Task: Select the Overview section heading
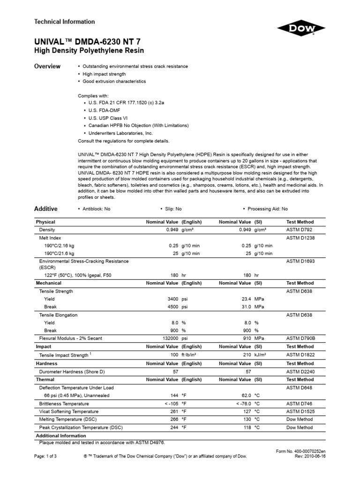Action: click(x=47, y=67)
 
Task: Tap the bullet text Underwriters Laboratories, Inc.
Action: click(x=120, y=133)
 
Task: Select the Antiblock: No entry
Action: click(x=96, y=209)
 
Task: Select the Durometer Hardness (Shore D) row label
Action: click(x=70, y=371)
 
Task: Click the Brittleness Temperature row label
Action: click(x=64, y=404)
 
